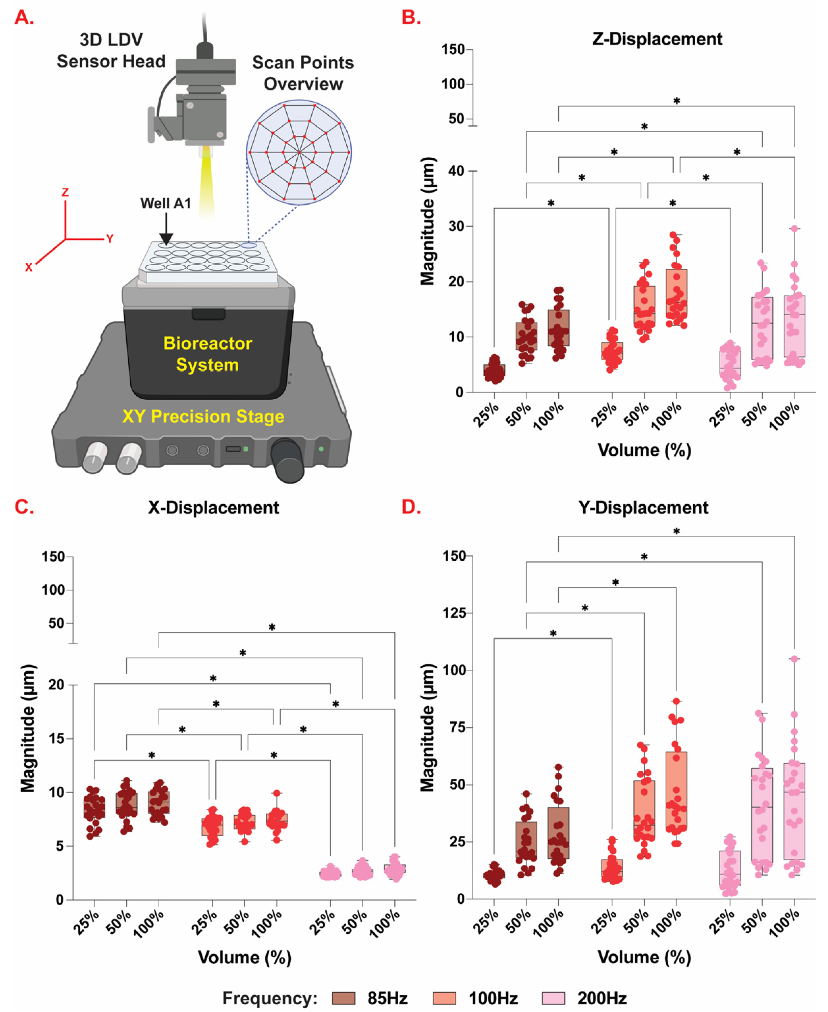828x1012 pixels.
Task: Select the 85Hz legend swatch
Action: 343,998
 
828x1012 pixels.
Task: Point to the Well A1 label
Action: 165,204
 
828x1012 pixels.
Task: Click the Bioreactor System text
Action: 208,354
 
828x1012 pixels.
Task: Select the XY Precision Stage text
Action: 203,416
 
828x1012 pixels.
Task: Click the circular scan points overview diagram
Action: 299,152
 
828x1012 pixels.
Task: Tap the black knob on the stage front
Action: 288,460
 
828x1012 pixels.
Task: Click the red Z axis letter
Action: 65,192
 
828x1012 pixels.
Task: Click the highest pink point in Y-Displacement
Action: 794,659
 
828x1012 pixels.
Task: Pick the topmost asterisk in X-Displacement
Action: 272,628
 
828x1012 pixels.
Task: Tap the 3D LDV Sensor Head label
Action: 111,51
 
